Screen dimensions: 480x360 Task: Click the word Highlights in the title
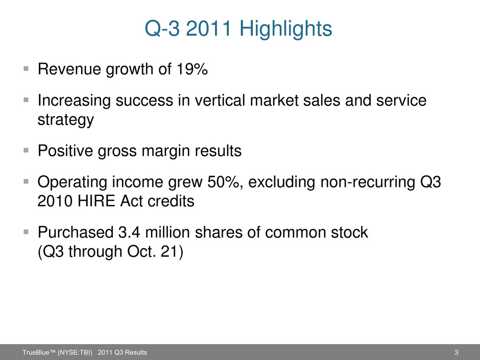point(285,29)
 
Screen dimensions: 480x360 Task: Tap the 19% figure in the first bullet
point(192,68)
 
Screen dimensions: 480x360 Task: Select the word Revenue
point(69,68)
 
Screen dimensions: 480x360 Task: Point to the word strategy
point(65,119)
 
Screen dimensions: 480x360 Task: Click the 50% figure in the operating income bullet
point(224,182)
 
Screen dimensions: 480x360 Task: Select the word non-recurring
point(368,182)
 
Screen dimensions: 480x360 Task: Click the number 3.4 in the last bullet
point(129,232)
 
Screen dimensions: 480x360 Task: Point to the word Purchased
point(75,232)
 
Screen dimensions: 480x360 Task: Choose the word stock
point(349,232)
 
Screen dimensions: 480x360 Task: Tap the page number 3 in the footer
point(456,352)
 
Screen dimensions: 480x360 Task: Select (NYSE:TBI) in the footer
point(75,352)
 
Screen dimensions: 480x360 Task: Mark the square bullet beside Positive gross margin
point(26,150)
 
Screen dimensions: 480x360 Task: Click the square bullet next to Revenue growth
point(26,68)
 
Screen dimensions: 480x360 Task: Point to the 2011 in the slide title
point(208,29)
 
